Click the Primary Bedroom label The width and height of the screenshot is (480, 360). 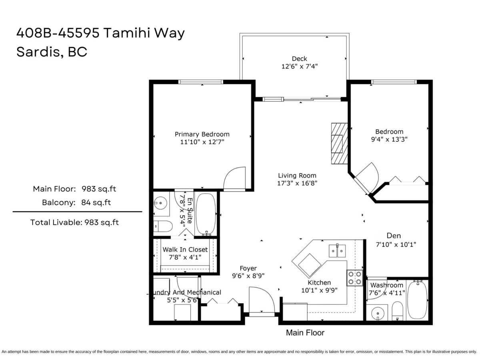tap(202, 134)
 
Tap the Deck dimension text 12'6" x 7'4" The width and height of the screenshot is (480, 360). tap(299, 67)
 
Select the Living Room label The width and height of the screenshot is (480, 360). tap(297, 175)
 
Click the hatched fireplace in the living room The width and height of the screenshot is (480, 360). tap(339, 143)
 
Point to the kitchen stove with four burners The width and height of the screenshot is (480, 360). tap(354, 278)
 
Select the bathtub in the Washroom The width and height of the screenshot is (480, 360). tap(418, 300)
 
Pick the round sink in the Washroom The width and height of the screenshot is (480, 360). tap(377, 313)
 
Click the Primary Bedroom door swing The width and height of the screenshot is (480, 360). tap(234, 178)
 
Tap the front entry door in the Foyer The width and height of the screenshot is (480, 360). tap(261, 301)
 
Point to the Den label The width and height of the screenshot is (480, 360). tap(394, 236)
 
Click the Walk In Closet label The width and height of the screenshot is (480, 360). tap(185, 249)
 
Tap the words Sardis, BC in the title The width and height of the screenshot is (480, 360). tap(52, 52)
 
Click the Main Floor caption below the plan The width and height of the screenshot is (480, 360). tap(305, 332)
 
